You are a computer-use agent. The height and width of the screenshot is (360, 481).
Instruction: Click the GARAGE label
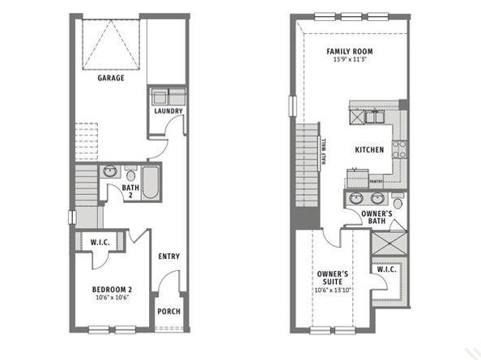point(111,78)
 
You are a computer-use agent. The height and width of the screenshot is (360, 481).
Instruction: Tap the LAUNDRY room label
point(168,112)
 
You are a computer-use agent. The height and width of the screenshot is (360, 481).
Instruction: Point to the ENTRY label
point(169,257)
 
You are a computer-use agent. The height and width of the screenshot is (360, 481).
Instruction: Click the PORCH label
point(168,311)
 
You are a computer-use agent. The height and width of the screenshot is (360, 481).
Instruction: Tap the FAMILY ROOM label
point(349,52)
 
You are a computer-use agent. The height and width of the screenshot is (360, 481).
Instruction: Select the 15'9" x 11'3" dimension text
point(349,60)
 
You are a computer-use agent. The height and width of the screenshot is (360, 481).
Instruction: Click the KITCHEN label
point(368,150)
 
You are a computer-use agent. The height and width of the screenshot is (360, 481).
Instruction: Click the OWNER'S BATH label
point(377,217)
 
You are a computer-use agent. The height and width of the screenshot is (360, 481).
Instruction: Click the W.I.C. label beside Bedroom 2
point(100,242)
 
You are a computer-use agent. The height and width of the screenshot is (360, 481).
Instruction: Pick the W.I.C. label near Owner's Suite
point(387,269)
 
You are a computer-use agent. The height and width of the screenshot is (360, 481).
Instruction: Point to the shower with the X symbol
point(388,243)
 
